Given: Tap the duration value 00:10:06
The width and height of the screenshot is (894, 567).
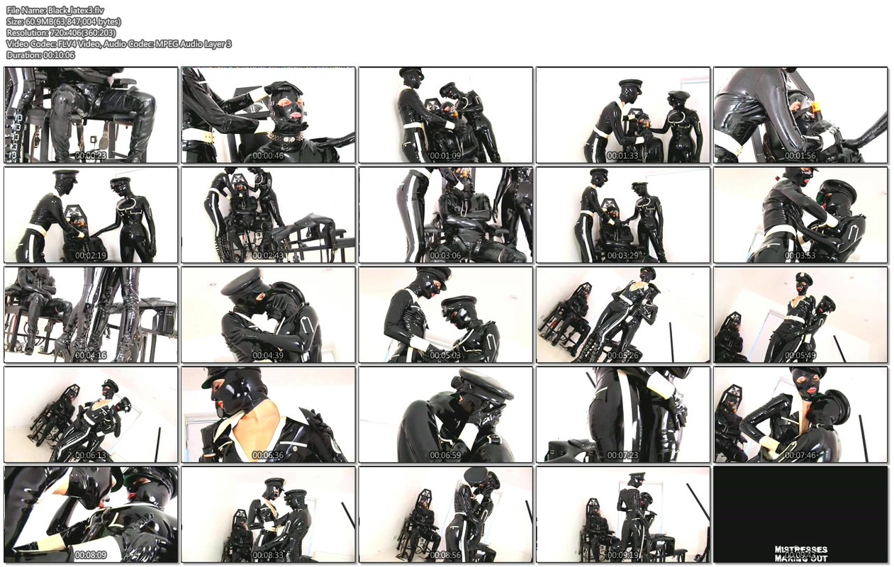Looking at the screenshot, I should pyautogui.click(x=59, y=55).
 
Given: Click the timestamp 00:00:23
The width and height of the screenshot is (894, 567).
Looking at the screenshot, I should pyautogui.click(x=91, y=155).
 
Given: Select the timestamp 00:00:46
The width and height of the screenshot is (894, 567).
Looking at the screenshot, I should pyautogui.click(x=268, y=155).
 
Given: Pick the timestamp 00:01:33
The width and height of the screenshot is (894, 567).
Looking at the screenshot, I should pyautogui.click(x=622, y=155).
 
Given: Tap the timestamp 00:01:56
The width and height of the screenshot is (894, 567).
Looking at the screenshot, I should pyautogui.click(x=800, y=155).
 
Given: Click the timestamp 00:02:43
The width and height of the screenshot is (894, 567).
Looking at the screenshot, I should pyautogui.click(x=268, y=255).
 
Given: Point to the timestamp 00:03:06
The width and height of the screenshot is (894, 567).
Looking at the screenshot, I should pyautogui.click(x=445, y=255).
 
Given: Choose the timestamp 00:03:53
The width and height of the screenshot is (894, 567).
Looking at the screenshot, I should pyautogui.click(x=800, y=255).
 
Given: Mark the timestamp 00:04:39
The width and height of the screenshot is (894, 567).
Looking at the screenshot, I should pyautogui.click(x=268, y=355).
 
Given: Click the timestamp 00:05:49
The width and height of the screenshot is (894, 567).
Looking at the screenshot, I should pyautogui.click(x=800, y=355).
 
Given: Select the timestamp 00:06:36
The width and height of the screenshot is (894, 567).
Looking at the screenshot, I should pyautogui.click(x=268, y=455).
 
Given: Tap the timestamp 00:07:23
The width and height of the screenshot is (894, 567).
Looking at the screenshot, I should pyautogui.click(x=622, y=455).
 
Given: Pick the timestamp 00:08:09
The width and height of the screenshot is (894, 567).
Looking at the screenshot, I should pyautogui.click(x=91, y=555).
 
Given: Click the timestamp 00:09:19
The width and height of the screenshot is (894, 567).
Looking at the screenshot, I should pyautogui.click(x=622, y=555).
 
